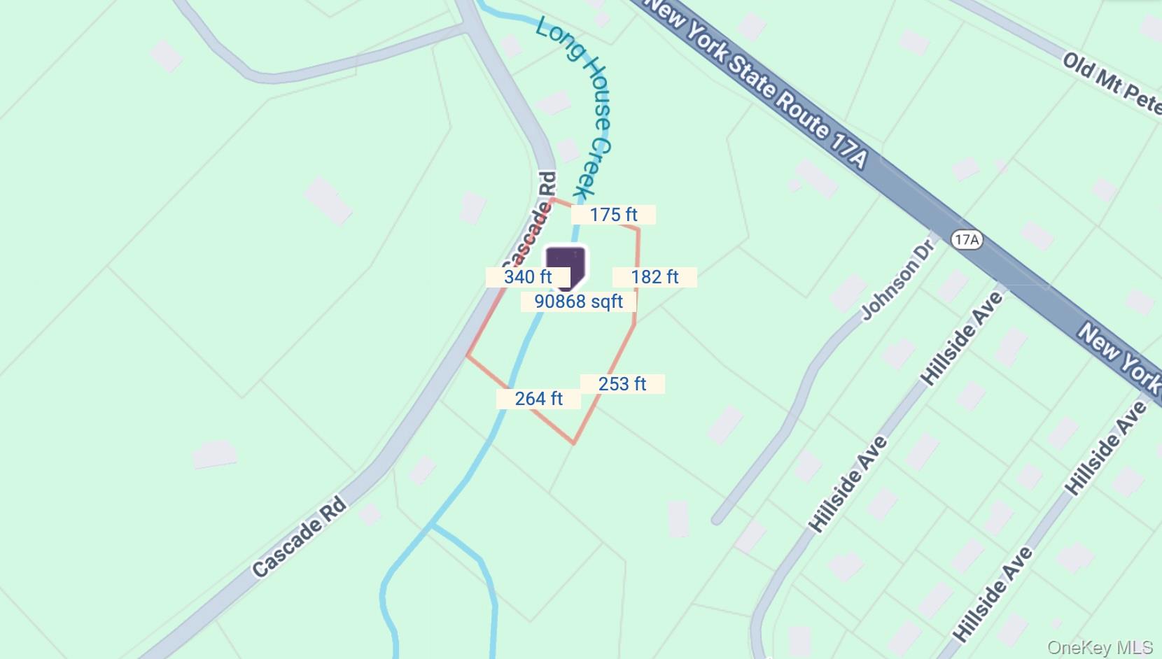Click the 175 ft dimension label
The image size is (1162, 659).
click(613, 215)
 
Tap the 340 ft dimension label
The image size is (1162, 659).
click(528, 277)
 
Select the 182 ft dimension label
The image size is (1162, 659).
click(654, 277)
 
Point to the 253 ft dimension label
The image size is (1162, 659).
click(622, 384)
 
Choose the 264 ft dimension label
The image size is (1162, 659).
click(538, 399)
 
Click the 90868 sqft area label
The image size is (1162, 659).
click(578, 302)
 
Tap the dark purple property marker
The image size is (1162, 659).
click(566, 266)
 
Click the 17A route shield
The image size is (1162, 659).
click(967, 240)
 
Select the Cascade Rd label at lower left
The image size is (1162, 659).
click(299, 537)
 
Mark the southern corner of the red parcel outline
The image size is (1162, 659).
click(574, 444)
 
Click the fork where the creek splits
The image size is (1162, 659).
click(432, 524)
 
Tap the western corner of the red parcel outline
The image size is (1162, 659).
click(467, 355)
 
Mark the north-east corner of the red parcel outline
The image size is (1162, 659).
click(638, 228)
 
